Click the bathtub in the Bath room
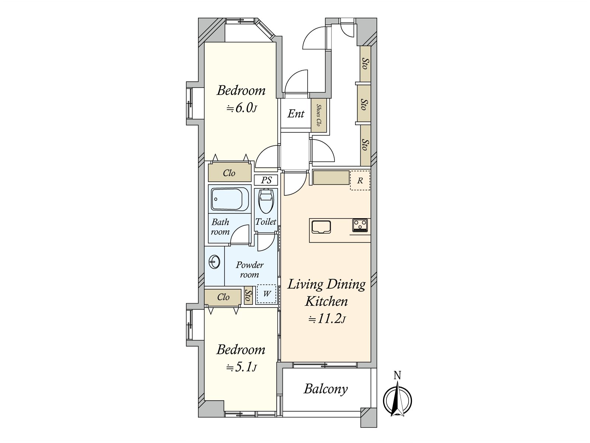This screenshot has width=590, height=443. tap(229, 199)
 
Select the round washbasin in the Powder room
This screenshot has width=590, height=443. tap(214, 262)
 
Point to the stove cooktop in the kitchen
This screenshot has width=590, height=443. tap(360, 225)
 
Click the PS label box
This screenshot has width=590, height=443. tap(266, 180)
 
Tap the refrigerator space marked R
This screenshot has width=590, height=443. tap(360, 181)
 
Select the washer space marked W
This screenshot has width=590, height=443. tap(267, 294)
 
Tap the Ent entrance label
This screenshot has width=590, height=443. tap(296, 114)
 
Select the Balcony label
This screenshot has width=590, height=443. tap(326, 389)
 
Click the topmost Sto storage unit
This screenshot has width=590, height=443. tap(365, 63)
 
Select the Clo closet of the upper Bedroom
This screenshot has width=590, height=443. tap(229, 173)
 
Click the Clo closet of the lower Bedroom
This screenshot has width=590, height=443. tap(223, 297)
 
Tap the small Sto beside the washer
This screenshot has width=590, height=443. tap(248, 295)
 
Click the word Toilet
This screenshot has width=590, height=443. tap(266, 222)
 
